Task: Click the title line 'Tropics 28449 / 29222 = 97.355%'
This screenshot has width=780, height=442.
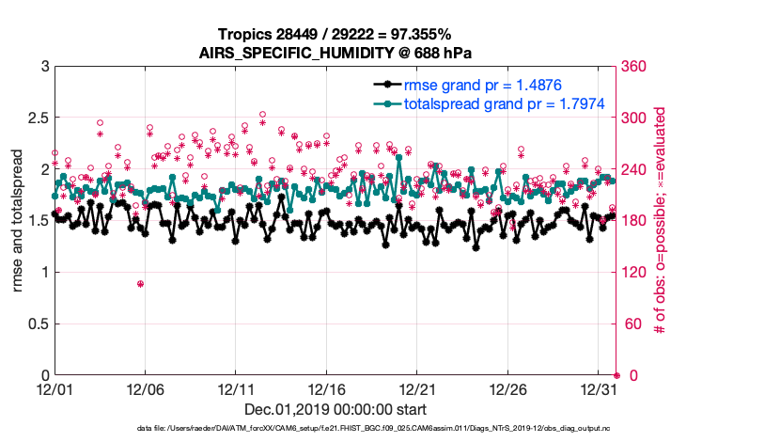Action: (335, 34)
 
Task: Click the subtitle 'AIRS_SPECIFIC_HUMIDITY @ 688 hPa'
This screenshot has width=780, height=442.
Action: (335, 53)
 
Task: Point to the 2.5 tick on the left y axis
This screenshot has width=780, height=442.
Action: (36, 118)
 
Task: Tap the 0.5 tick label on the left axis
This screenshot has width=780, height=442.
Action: (36, 324)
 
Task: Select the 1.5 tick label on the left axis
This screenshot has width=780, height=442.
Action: (36, 221)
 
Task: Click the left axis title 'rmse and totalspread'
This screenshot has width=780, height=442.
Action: (19, 221)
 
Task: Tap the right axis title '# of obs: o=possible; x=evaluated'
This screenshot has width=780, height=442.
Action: (661, 221)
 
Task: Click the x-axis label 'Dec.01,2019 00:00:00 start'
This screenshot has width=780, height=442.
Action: (335, 409)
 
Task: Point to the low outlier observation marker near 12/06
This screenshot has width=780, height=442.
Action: (140, 284)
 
